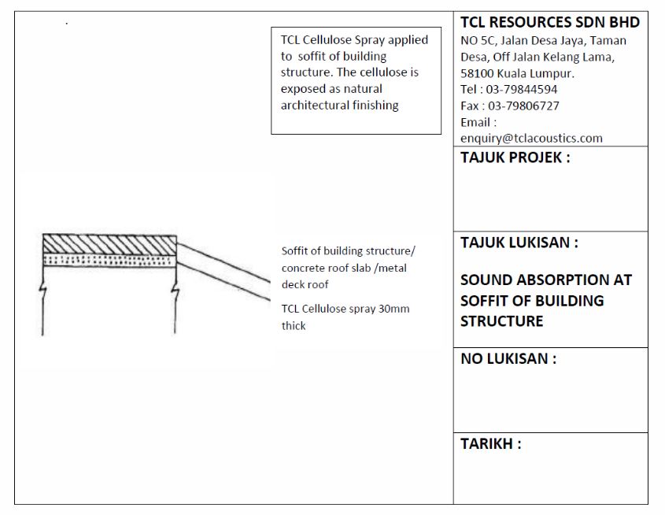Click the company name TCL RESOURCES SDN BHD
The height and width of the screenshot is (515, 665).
549,22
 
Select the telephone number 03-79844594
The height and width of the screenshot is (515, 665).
523,89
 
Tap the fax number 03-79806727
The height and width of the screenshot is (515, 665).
523,106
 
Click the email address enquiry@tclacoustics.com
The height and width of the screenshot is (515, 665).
531,138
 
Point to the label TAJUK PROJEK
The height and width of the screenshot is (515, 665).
515,157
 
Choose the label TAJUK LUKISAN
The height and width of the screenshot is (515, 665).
519,243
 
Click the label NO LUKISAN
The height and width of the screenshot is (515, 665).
508,359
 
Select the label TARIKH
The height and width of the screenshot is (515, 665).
490,443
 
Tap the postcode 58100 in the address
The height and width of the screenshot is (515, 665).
475,72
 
